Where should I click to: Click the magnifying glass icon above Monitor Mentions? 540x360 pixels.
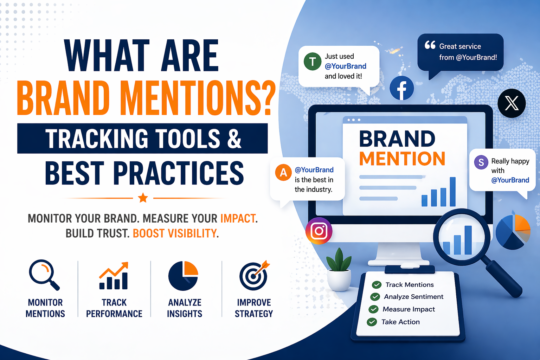point(46,277)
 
